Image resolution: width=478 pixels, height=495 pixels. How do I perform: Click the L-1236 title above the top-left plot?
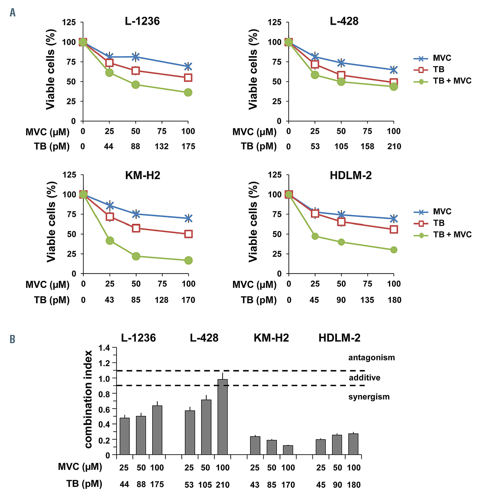[x=142, y=21]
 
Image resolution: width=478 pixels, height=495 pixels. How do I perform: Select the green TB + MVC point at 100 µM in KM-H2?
[x=188, y=260]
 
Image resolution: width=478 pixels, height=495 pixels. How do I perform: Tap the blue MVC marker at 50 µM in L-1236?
[x=135, y=57]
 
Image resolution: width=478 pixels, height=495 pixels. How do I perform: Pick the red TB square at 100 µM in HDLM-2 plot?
[x=394, y=229]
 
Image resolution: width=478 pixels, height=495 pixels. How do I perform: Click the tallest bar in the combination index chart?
[x=223, y=417]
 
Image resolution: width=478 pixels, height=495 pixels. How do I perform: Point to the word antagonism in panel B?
[x=371, y=358]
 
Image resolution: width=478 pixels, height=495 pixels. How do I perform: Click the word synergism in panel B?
[x=369, y=397]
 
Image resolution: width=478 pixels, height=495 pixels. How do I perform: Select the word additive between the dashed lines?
[x=364, y=378]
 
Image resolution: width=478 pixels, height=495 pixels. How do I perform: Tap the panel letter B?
[x=12, y=339]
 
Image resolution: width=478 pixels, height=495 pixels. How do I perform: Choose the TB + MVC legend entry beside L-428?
[x=452, y=81]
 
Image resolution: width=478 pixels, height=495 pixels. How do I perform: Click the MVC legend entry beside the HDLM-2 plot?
[x=442, y=211]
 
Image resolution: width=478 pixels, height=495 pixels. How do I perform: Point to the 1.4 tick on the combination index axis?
[x=104, y=348]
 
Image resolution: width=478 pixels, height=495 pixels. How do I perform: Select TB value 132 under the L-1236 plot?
[x=162, y=146]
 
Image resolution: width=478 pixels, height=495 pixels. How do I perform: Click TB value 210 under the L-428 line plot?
[x=394, y=146]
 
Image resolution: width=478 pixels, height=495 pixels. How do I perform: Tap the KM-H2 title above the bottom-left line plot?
[x=143, y=175]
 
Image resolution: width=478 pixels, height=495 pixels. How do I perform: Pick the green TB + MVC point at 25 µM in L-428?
[x=315, y=75]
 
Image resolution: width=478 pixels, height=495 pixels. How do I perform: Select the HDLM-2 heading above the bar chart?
[x=339, y=338]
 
